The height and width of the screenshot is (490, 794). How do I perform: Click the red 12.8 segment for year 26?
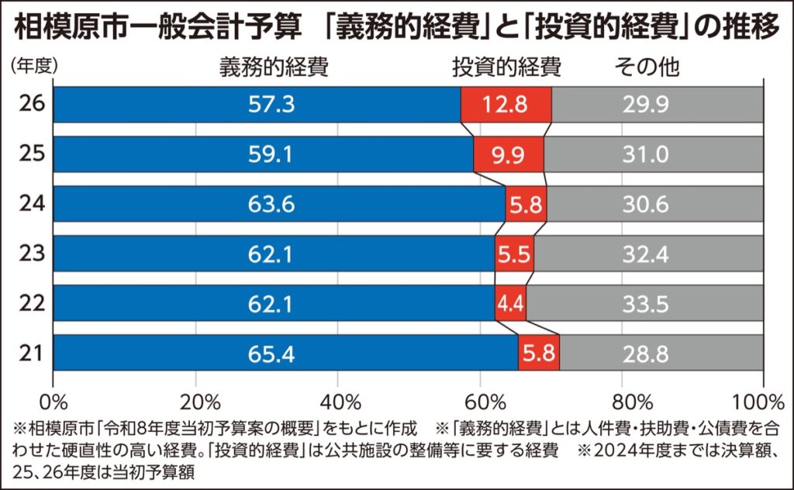click(x=506, y=105)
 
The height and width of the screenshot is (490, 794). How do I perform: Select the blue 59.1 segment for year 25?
click(x=263, y=154)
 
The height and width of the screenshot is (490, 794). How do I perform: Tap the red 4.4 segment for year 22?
click(x=509, y=304)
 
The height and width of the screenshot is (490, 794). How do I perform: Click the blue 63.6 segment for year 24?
click(x=279, y=205)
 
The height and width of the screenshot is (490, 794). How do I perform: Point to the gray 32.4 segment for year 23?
click(x=648, y=254)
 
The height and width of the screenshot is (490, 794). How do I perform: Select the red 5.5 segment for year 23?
click(x=514, y=254)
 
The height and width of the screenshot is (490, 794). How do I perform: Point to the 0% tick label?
click(x=53, y=402)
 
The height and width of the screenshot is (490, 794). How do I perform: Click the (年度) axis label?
click(x=34, y=65)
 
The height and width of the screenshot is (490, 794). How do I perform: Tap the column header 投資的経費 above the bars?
click(x=506, y=67)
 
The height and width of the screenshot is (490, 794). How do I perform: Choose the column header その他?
click(x=647, y=67)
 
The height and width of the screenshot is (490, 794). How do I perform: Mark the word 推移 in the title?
click(x=752, y=29)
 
